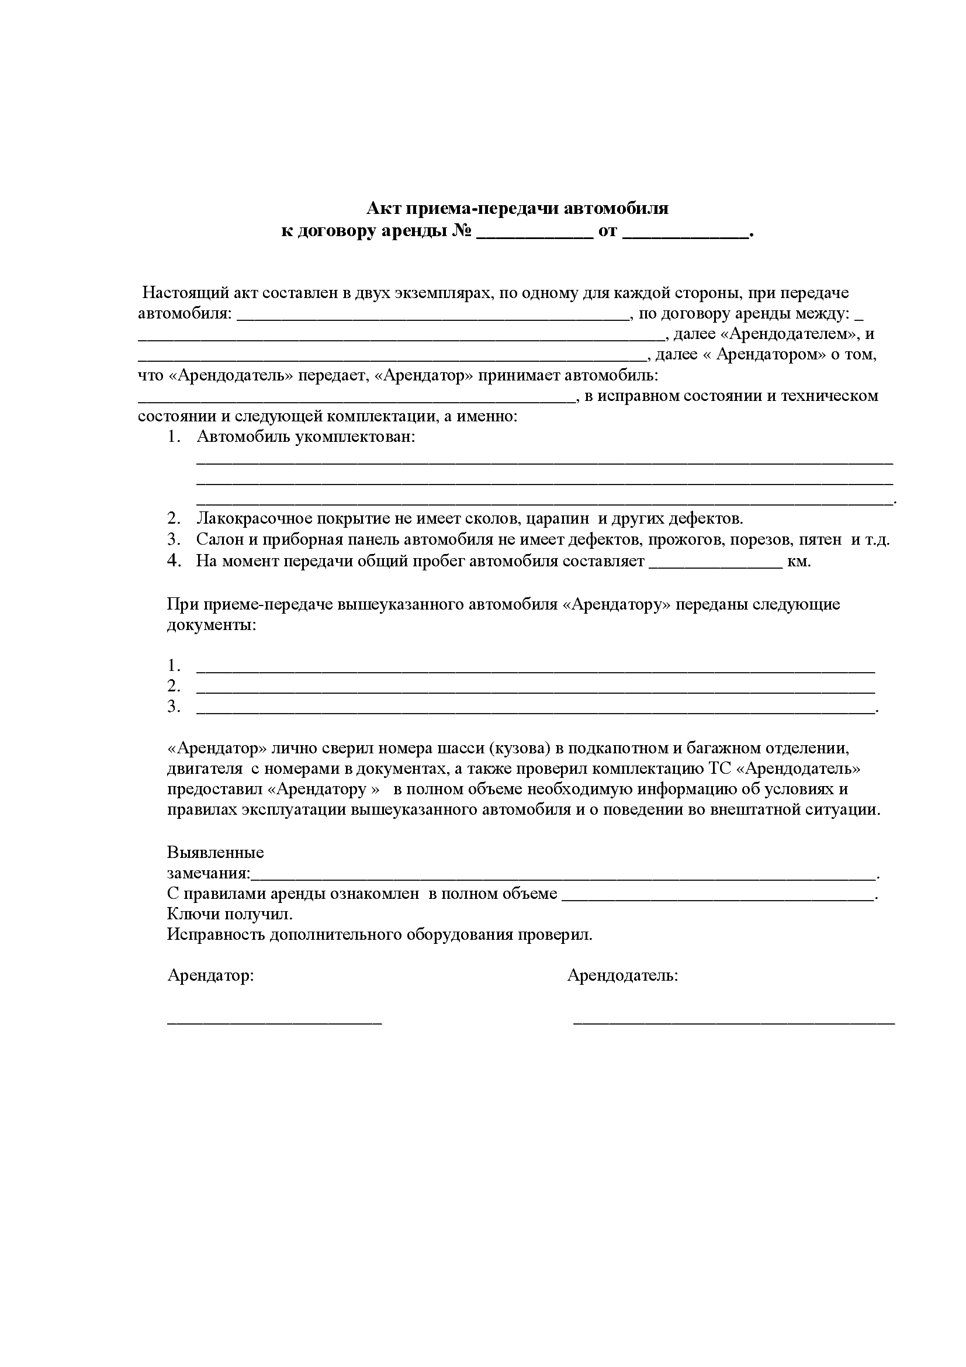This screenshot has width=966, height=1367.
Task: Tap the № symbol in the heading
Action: click(462, 231)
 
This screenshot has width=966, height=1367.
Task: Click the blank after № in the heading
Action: click(535, 233)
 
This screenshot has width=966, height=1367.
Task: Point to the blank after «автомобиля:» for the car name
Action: click(432, 316)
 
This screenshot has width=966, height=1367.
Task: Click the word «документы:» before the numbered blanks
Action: click(212, 626)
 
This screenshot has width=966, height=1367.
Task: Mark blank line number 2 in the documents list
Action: click(535, 689)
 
